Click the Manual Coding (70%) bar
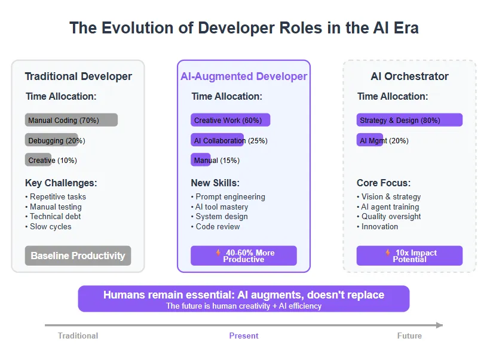(71, 120)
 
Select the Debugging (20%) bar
(51, 140)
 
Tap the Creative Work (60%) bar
(230, 120)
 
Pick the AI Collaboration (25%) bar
(217, 140)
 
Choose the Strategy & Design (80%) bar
(409, 120)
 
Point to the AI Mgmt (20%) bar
(370, 140)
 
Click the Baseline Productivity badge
(78, 256)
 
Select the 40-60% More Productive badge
(244, 256)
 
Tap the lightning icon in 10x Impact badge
(388, 253)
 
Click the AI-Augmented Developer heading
(244, 76)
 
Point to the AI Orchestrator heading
(409, 76)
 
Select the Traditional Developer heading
(78, 76)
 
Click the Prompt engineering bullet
(228, 196)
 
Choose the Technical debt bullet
(53, 216)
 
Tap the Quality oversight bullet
(389, 216)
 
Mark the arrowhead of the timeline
(440, 325)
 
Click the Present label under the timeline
(244, 336)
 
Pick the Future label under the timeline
(409, 336)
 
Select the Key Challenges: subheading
(61, 183)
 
